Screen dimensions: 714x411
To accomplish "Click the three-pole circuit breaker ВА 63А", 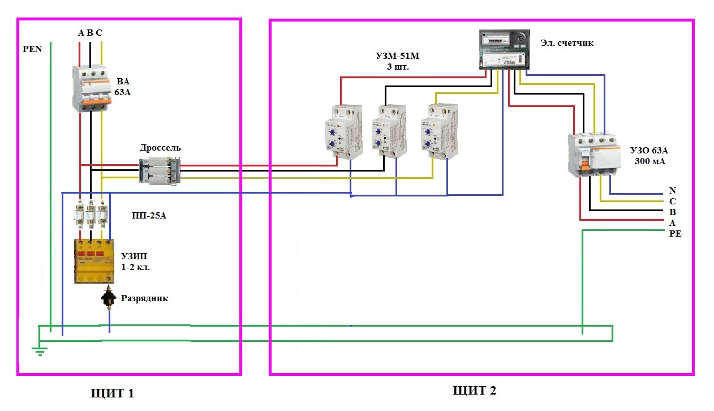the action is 92,88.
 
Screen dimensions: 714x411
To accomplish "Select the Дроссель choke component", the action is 160,170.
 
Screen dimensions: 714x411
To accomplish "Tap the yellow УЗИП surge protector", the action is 94,262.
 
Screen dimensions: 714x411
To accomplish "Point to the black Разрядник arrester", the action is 109,297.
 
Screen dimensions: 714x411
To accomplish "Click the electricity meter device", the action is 505,49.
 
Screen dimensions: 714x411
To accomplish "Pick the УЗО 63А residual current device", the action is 595,155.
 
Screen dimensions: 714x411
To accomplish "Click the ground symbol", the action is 40,352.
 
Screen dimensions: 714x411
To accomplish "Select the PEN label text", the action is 32,49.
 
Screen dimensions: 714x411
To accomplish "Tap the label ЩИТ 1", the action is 113,393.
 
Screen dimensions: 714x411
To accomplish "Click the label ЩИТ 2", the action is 475,391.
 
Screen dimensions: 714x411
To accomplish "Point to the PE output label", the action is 675,234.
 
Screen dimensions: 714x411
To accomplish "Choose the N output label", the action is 672,191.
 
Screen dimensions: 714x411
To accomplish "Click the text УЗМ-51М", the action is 398,56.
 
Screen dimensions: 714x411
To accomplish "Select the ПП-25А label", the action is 149,216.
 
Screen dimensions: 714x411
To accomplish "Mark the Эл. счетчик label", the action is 567,42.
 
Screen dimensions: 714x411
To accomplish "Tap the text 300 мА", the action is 650,161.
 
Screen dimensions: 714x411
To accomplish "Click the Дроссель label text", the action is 160,148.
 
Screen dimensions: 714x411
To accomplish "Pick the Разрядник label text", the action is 144,298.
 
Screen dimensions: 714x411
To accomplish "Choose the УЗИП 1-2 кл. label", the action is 135,262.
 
